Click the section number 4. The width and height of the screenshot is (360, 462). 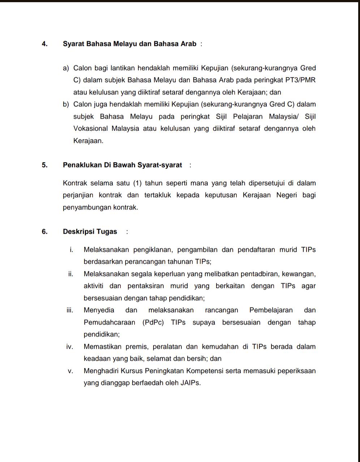click(44, 44)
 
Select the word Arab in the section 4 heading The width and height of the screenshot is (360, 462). click(189, 44)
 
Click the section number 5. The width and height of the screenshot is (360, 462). click(44, 165)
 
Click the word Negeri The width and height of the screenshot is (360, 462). click(287, 195)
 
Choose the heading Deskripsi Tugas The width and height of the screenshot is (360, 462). click(90, 232)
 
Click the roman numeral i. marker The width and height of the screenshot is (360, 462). click(72, 250)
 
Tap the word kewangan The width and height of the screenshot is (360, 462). click(298, 274)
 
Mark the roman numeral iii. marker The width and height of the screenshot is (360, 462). click(70, 310)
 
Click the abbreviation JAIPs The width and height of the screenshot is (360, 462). click(190, 383)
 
